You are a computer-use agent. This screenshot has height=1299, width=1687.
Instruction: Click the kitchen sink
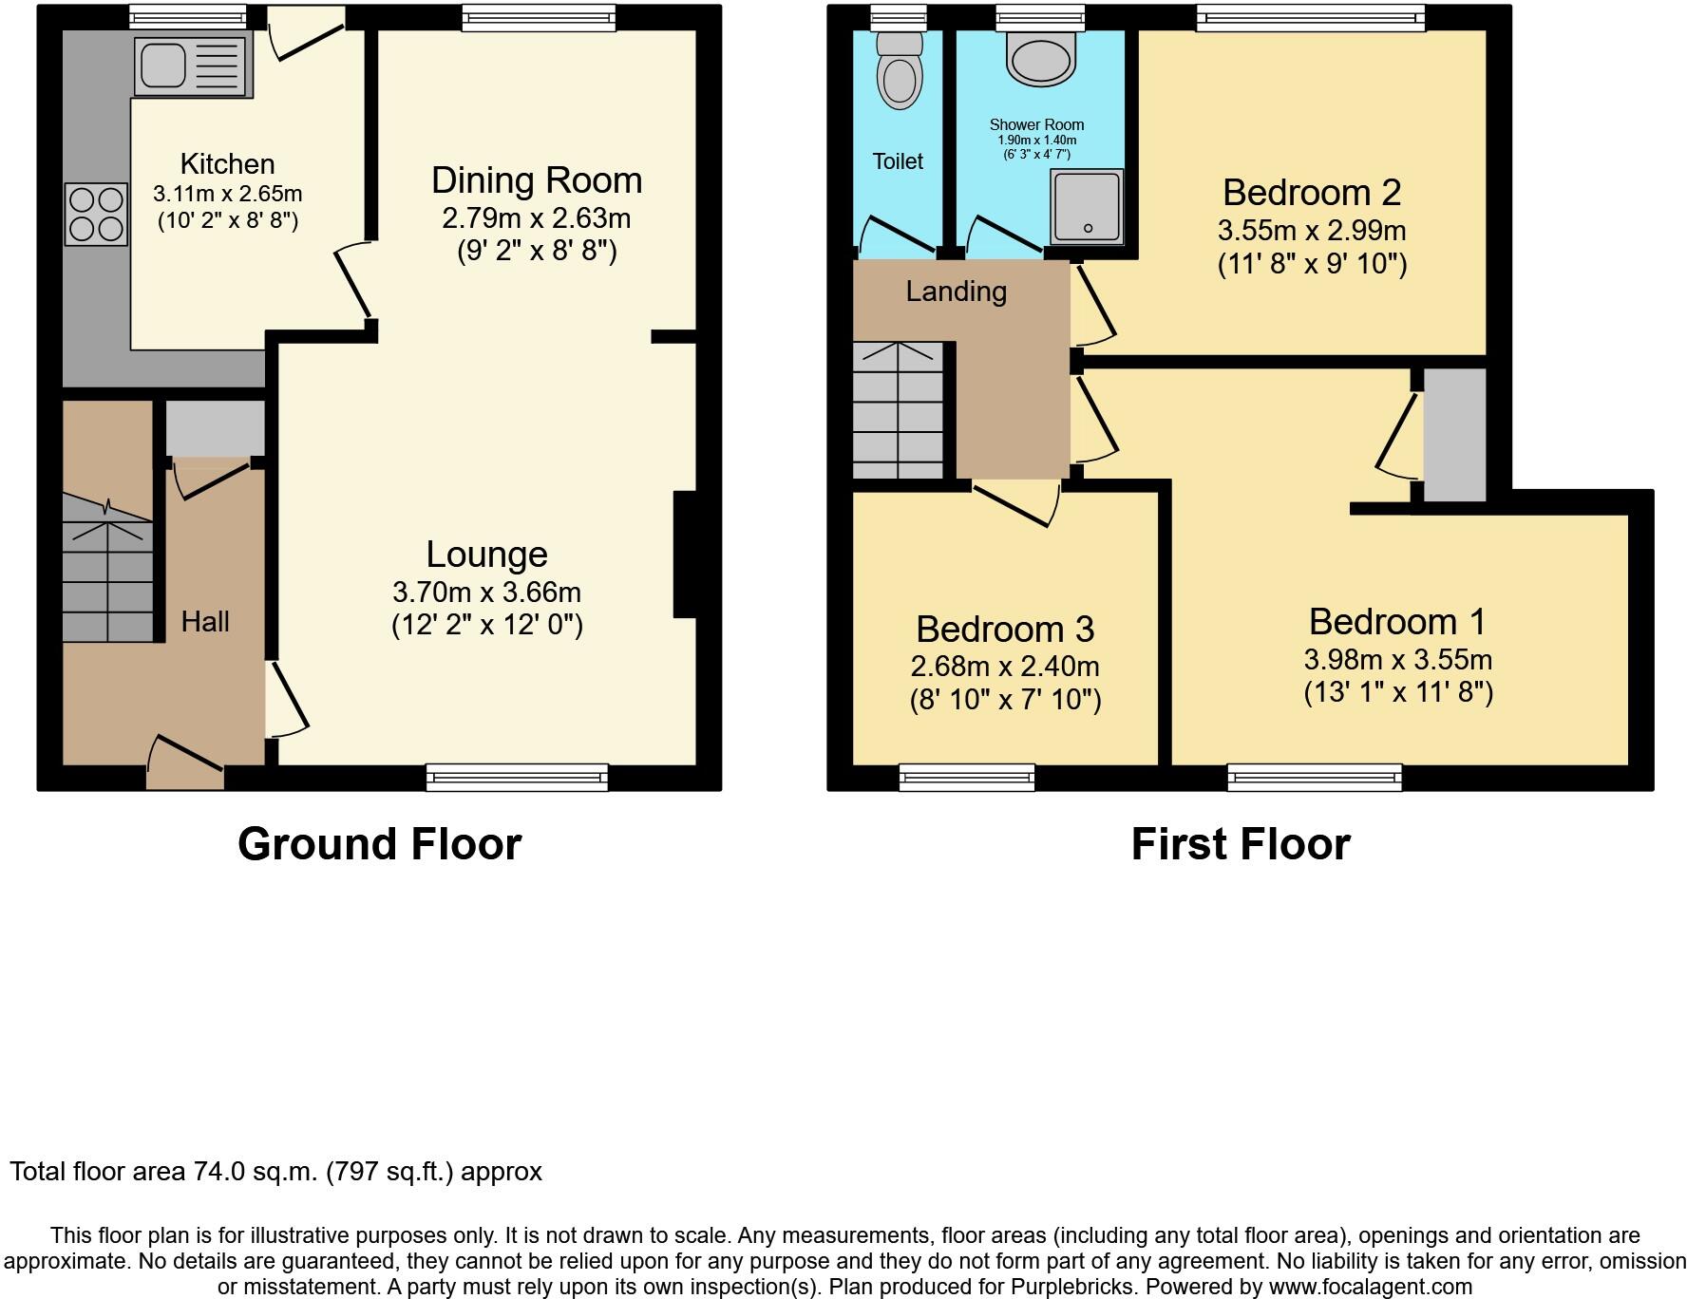193,66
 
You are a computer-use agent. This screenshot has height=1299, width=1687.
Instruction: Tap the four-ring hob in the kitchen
96,215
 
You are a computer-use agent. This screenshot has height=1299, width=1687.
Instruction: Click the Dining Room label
537,180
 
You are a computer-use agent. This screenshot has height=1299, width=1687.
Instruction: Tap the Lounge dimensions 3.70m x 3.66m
486,593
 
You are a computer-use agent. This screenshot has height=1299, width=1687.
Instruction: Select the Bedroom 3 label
1005,630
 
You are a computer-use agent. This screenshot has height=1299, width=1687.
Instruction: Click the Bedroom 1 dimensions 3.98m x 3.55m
1397,660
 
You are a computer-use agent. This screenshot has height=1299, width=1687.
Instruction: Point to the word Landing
956,292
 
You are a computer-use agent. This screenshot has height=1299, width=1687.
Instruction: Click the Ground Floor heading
379,844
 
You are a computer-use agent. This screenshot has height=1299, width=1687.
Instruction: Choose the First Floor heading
1240,844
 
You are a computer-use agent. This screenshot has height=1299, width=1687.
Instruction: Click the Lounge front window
517,778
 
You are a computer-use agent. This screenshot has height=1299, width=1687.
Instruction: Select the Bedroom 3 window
967,778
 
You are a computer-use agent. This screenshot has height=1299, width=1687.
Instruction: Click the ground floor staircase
107,570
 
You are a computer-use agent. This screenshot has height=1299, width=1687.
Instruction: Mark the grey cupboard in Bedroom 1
1454,435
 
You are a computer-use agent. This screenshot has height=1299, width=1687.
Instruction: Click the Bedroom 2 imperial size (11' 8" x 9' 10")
1312,264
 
